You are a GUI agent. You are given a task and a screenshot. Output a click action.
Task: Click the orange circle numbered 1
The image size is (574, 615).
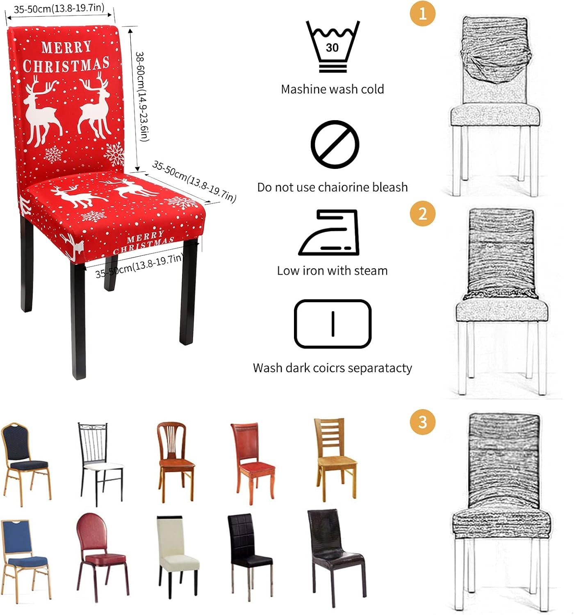(422, 14)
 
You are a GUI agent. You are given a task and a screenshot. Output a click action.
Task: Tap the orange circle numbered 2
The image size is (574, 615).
(422, 214)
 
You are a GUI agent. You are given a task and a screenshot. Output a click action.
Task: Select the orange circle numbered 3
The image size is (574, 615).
(422, 422)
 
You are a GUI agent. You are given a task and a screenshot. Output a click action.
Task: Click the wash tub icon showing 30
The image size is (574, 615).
(333, 46)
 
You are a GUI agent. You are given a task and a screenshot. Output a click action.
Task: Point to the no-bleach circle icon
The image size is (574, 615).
(335, 144)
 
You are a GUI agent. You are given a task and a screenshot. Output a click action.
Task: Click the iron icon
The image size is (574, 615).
(329, 232)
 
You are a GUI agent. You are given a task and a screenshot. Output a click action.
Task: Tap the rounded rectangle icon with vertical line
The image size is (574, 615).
(333, 323)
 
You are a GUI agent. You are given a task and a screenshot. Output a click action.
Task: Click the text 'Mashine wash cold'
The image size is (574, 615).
(333, 89)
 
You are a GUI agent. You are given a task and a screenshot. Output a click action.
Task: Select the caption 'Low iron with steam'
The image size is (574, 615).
(333, 271)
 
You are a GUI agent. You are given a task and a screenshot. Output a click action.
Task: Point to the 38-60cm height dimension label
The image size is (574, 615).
(143, 97)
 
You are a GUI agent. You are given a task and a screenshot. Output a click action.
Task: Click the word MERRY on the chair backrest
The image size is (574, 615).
(66, 48)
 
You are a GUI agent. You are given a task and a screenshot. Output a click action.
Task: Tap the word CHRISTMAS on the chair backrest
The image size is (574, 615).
(66, 65)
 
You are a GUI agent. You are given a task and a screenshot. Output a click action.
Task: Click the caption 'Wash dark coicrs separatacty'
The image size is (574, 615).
(333, 368)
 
